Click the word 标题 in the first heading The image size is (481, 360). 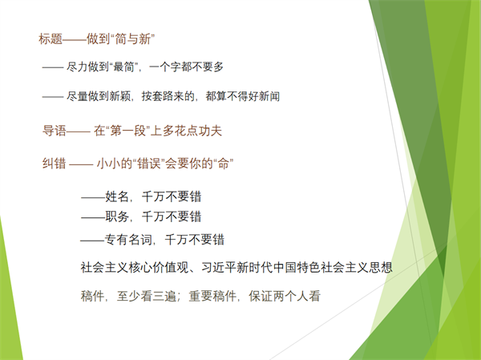[x=51, y=39]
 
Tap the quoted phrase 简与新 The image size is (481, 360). [x=132, y=39]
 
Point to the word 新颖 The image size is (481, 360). [x=120, y=96]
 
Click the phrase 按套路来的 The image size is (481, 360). [x=168, y=96]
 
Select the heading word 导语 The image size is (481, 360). [x=55, y=131]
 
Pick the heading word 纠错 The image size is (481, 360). [x=55, y=164]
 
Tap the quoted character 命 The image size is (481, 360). [x=224, y=164]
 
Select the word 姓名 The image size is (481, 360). [x=117, y=196]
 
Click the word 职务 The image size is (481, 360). [x=117, y=216]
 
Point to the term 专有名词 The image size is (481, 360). [x=128, y=240]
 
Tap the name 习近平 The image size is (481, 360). [x=219, y=267]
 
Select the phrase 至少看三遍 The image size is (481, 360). [x=147, y=296]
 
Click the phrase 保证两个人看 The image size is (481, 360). [x=285, y=296]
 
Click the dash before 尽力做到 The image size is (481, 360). [x=53, y=67]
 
